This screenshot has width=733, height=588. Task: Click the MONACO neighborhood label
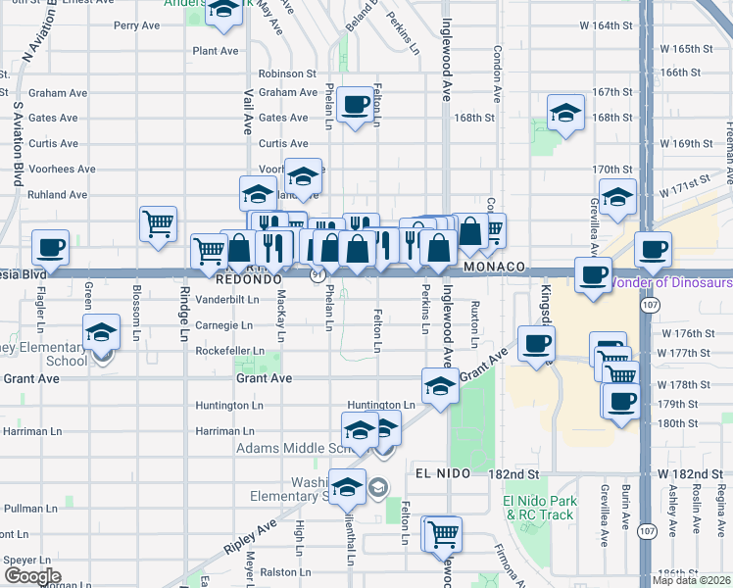496,267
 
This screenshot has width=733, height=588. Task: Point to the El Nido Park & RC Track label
538,508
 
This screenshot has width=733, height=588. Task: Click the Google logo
31,576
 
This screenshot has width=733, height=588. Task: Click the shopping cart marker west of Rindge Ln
157,222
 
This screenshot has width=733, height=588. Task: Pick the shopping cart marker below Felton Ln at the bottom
443,534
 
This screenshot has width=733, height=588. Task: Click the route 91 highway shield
319,277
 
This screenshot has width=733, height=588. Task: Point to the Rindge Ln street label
183,315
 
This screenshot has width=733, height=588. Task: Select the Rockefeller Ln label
230,350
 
